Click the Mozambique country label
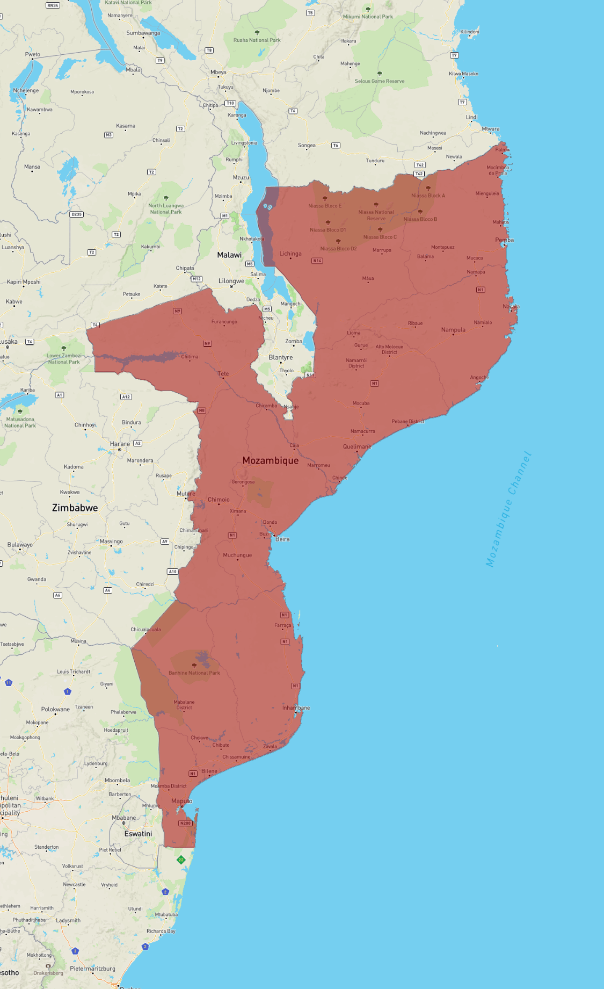[x=270, y=460]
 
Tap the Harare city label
[x=120, y=444]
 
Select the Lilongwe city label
[x=231, y=281]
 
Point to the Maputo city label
[x=181, y=801]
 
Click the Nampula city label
[x=453, y=330]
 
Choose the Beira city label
[x=282, y=539]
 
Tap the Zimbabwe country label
[x=75, y=508]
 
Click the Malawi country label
[x=229, y=255]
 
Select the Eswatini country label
[x=138, y=834]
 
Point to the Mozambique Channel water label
[x=508, y=509]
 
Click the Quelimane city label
[x=357, y=446]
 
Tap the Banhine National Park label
[x=194, y=673]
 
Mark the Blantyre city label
[x=281, y=357]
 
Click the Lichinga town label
[x=290, y=254]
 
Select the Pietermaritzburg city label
[x=92, y=969]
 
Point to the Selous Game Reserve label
[x=380, y=81]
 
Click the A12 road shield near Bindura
[x=126, y=397]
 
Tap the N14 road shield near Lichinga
[x=317, y=261]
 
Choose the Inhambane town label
[x=296, y=708]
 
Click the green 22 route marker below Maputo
[x=181, y=860]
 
